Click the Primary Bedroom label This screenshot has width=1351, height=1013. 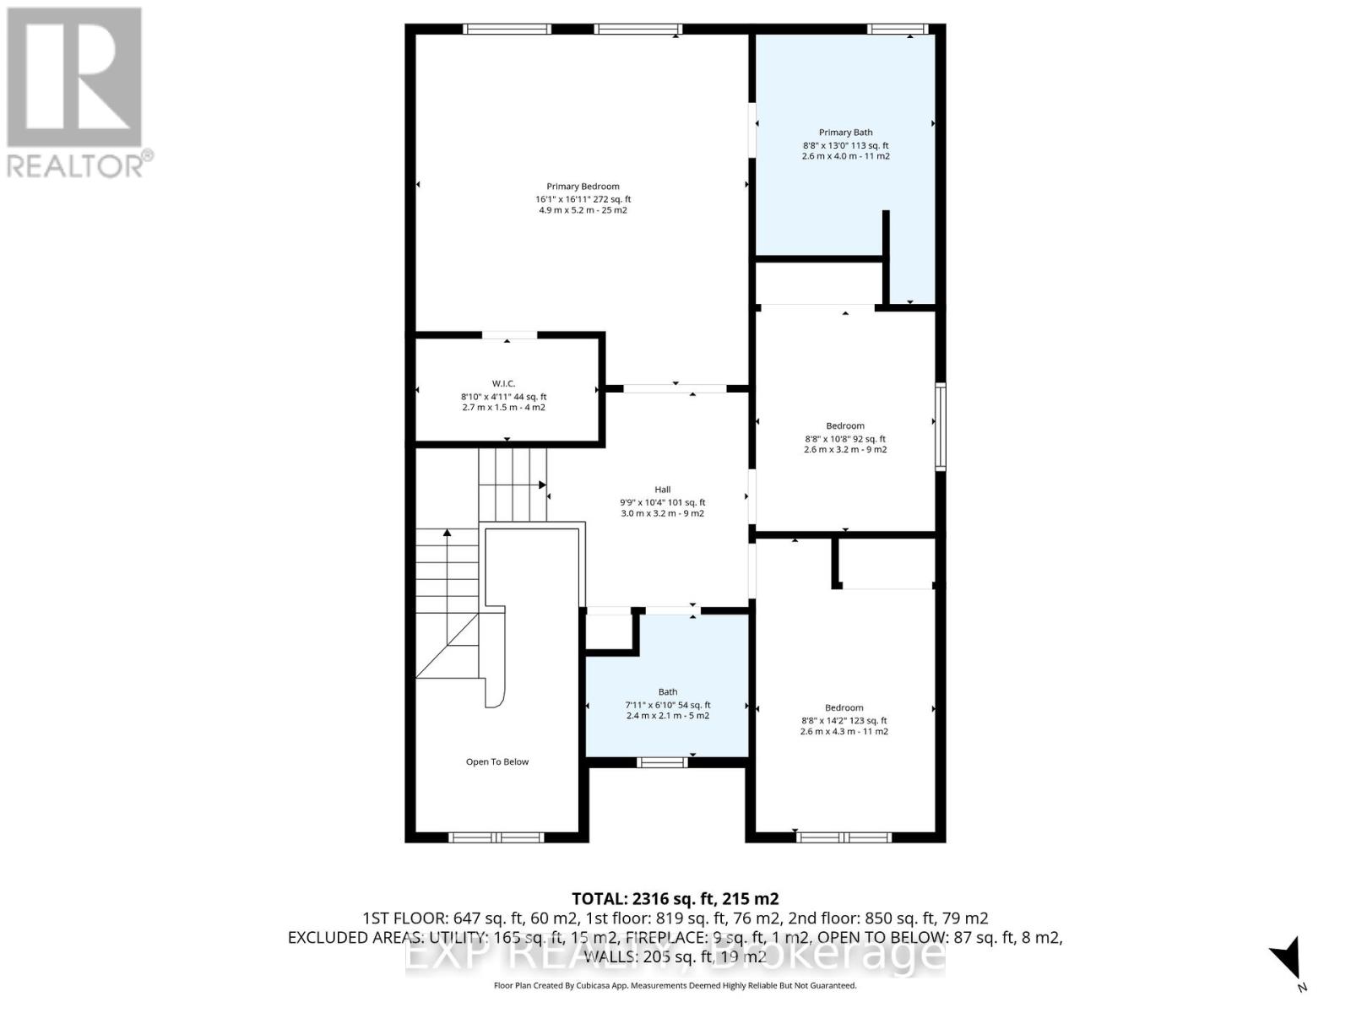pos(583,187)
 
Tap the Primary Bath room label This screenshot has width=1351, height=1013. pos(845,133)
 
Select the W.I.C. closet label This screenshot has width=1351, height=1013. pos(503,384)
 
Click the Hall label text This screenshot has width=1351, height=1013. pos(662,490)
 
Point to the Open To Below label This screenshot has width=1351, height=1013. pos(496,761)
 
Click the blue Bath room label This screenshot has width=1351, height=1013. pos(667,692)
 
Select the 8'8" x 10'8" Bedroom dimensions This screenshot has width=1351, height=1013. pos(845,439)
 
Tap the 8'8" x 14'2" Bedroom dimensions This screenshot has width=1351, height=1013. pos(844,721)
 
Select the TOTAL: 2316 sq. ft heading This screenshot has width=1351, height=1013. pos(675,899)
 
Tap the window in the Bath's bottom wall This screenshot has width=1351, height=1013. pos(662,763)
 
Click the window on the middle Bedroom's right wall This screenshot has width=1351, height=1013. pos(941,426)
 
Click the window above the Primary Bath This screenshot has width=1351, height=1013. pos(898,29)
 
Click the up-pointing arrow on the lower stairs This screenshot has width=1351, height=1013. pos(448,534)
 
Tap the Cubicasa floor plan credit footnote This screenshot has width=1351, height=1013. pos(675,985)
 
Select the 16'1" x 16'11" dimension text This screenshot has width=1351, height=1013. pos(583,199)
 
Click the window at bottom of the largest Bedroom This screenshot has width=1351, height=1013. pos(844,837)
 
